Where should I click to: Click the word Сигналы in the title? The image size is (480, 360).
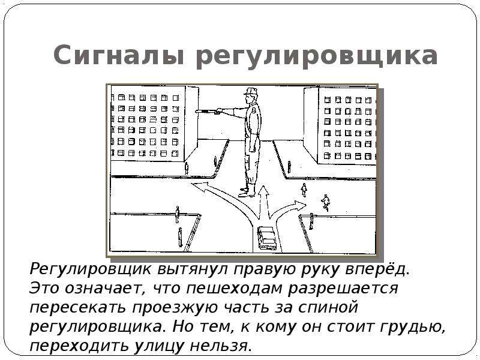tap(119, 55)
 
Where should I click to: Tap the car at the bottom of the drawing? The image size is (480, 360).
tap(267, 238)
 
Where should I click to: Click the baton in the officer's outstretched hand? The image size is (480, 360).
tap(206, 111)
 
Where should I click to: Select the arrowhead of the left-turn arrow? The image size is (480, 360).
tap(199, 187)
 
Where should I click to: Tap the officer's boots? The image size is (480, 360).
tap(247, 190)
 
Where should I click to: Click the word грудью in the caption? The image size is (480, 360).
tap(413, 327)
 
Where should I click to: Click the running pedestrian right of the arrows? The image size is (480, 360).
tap(326, 202)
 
